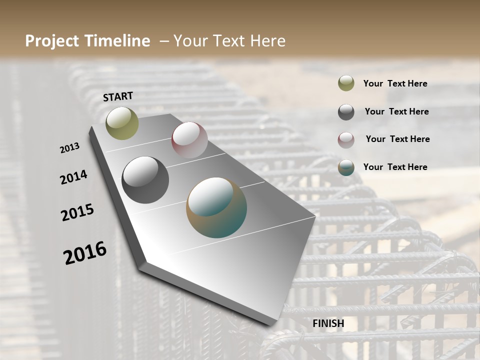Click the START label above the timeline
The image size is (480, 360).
pyautogui.click(x=118, y=96)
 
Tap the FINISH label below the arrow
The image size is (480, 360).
pyautogui.click(x=328, y=323)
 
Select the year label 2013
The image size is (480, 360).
pyautogui.click(x=69, y=148)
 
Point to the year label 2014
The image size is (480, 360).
pyautogui.click(x=73, y=177)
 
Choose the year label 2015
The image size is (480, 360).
pyautogui.click(x=77, y=212)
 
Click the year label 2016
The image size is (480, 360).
pyautogui.click(x=85, y=253)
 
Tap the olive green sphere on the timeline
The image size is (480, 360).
pyautogui.click(x=122, y=123)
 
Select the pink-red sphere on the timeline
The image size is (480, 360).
pyautogui.click(x=189, y=140)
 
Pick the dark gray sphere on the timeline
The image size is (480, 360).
pyautogui.click(x=145, y=180)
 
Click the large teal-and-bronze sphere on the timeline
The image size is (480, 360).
pyautogui.click(x=216, y=207)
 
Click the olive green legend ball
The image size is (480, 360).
pyautogui.click(x=346, y=83)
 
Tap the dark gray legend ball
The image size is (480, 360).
pyautogui.click(x=346, y=112)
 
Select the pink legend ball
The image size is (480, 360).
pyautogui.click(x=346, y=140)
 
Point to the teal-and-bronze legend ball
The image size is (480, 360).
pyautogui.click(x=346, y=167)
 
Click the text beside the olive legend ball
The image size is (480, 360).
pyautogui.click(x=395, y=83)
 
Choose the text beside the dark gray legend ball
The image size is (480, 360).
pyautogui.click(x=396, y=111)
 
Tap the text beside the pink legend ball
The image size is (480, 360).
pyautogui.click(x=397, y=139)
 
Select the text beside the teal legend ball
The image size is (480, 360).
pyautogui.click(x=395, y=167)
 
